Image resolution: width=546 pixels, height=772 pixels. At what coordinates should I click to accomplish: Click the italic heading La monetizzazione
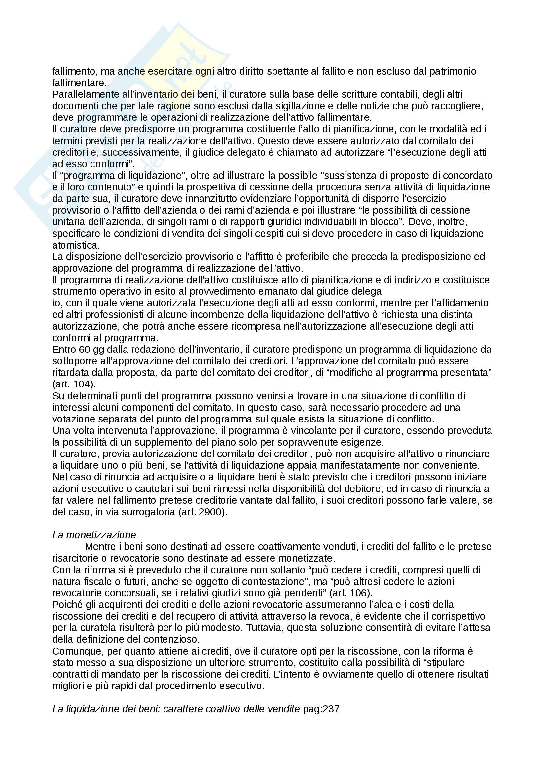(x=94, y=535)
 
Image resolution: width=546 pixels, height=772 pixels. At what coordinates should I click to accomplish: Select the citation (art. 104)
(x=74, y=384)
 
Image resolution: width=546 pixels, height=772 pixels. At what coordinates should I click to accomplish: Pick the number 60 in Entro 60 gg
(x=84, y=349)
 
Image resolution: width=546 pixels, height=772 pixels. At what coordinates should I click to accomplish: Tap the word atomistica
(x=76, y=245)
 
